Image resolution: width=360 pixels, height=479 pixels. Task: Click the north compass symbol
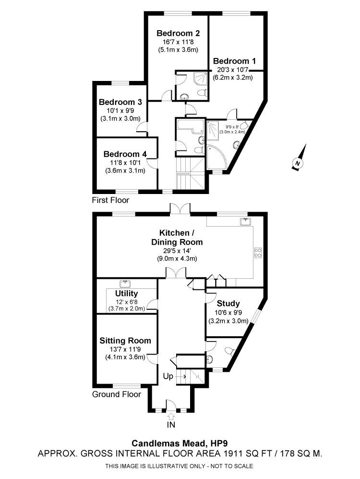pos(298,162)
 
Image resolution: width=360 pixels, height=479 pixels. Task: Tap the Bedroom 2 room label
pos(178,34)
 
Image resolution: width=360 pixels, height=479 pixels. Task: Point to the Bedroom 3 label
pos(120,102)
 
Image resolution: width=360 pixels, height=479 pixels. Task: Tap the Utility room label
pos(127,293)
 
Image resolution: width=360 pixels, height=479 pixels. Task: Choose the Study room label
pos(228,303)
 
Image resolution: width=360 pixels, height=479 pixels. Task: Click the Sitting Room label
pos(125,341)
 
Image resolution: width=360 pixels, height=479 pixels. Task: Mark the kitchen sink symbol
pos(246,221)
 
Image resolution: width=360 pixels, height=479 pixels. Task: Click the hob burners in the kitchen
pos(257,252)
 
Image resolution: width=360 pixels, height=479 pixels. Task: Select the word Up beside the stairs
pos(168,376)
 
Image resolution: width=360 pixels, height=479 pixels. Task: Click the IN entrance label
pos(171,424)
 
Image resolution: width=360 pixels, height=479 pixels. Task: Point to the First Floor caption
pos(110,199)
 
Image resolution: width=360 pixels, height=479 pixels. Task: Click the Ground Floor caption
pos(117,394)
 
